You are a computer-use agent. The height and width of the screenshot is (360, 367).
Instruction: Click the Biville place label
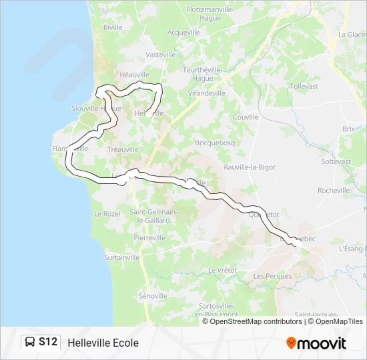(113, 27)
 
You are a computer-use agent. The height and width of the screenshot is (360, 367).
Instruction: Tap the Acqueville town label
(183, 32)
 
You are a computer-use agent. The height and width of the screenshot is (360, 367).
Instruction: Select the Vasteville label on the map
(160, 55)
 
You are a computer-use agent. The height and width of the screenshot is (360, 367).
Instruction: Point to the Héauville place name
(134, 75)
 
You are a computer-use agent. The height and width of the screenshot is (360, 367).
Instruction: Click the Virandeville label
(207, 93)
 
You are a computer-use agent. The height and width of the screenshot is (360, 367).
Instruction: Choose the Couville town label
(246, 117)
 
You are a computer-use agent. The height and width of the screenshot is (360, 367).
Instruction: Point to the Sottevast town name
(336, 161)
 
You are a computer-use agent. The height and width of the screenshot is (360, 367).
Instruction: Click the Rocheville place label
(334, 190)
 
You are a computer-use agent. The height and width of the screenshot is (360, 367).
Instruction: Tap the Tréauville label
(123, 150)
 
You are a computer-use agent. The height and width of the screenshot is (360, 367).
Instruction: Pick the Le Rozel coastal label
(107, 214)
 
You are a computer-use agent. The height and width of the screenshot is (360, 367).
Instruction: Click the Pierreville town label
(149, 237)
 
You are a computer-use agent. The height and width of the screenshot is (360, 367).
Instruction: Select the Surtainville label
(122, 257)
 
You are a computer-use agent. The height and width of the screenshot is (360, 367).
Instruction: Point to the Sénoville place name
(153, 295)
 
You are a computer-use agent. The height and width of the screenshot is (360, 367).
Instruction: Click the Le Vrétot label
(222, 270)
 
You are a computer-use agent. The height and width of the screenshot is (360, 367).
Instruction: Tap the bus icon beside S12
(31, 342)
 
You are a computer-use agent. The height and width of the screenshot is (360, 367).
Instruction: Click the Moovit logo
(316, 343)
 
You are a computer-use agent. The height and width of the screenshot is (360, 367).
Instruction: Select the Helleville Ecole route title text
(103, 343)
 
